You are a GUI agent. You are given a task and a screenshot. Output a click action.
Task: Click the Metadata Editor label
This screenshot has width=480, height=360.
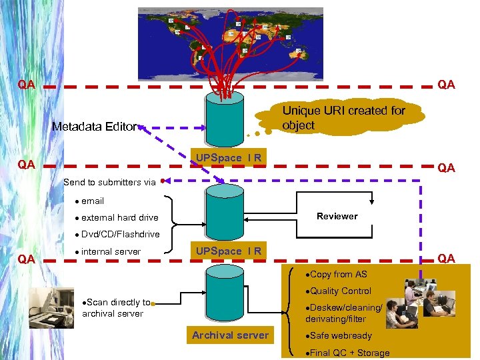94,126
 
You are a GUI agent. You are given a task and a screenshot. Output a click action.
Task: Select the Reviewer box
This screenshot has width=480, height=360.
337,217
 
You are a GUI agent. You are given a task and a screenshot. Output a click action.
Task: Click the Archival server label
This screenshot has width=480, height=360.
230,335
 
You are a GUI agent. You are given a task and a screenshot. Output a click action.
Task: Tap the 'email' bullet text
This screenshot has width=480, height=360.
93,201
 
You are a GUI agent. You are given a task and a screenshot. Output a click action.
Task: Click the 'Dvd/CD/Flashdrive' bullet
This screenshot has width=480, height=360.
121,234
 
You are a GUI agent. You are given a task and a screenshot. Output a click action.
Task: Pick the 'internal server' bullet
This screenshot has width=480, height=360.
111,251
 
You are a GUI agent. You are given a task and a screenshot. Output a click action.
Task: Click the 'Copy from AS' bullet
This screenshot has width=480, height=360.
338,274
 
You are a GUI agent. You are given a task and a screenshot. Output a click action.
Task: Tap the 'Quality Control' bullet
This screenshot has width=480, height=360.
340,291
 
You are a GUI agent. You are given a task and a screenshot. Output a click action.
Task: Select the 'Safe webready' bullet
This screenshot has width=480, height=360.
340,335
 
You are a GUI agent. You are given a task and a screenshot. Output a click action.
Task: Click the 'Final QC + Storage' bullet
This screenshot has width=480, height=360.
349,353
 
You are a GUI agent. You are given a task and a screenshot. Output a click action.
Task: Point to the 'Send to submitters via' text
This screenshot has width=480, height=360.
109,182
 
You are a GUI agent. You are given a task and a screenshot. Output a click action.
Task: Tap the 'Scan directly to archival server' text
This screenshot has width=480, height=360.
115,308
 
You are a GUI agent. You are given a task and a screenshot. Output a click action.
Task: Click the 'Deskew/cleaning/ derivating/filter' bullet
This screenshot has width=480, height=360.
344,313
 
